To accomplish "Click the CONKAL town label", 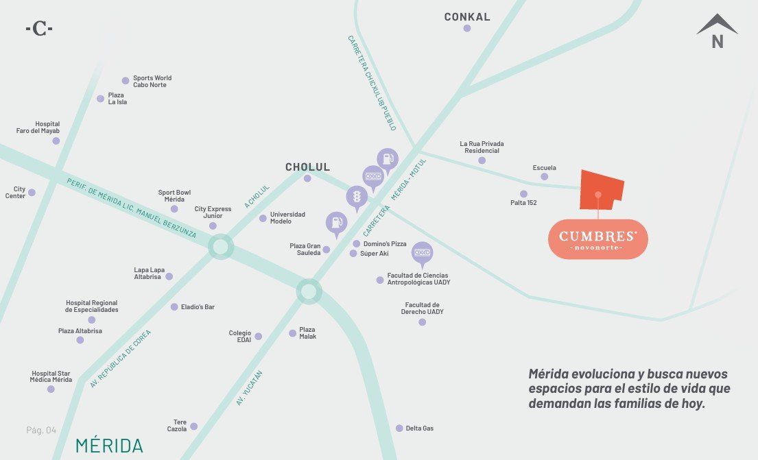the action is point(467,17).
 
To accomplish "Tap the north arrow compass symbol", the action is point(718,31).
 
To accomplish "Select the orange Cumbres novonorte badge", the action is point(598,239).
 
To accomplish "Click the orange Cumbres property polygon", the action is point(601,190).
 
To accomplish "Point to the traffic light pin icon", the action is point(357,198).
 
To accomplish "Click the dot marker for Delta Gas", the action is point(399,428).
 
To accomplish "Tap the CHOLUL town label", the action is point(307,167).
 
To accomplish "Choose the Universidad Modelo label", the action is point(287,218).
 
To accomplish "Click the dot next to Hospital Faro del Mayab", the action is point(56,141).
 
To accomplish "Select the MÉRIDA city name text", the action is point(109,446).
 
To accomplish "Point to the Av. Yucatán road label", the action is point(250,388).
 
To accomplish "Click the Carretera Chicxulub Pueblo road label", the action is point(372,83).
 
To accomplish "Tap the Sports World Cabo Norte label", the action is point(152,81).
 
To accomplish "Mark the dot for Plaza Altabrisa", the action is point(80,340).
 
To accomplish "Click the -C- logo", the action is point(39,29).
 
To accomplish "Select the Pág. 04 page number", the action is point(41,430).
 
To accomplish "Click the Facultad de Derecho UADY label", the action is point(422,308).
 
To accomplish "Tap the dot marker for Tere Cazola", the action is point(194,426).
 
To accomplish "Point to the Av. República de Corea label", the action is point(120,359).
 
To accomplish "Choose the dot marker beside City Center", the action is point(32,193).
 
